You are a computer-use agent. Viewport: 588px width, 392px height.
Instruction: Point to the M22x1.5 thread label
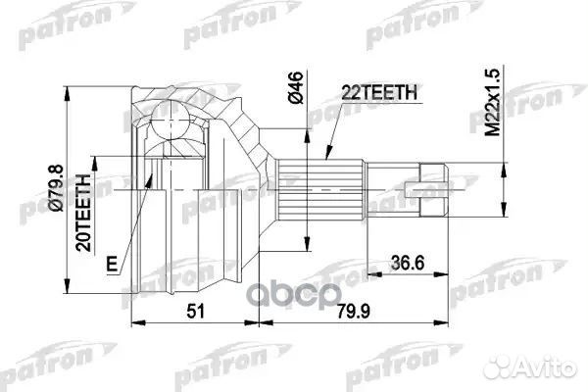pos(501,104)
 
